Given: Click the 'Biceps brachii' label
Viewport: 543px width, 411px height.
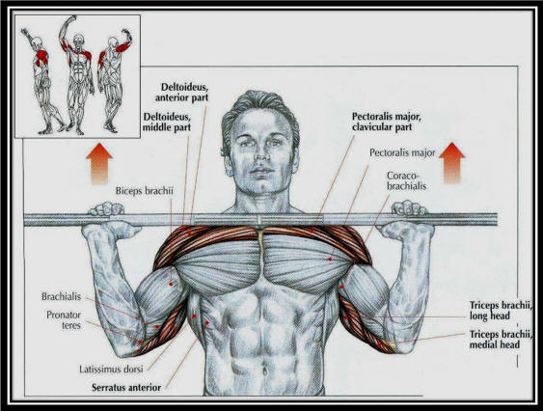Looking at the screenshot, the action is (x=144, y=191).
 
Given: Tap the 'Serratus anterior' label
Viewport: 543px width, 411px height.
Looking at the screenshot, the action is (x=126, y=388).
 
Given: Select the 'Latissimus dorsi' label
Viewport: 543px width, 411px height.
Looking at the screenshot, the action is (x=111, y=370).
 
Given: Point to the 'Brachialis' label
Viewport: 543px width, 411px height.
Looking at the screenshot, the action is (x=62, y=296).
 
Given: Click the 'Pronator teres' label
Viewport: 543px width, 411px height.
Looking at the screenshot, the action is (x=64, y=320).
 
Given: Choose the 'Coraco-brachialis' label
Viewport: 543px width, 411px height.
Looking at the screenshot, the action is (x=407, y=180).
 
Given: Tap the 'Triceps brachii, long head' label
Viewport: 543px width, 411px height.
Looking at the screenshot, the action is (x=500, y=311).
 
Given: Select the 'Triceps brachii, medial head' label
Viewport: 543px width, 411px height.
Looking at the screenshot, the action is (x=500, y=340).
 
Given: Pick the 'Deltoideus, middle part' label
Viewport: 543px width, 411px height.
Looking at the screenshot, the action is (x=167, y=122).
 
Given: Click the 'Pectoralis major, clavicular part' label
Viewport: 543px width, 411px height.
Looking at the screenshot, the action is (x=387, y=122).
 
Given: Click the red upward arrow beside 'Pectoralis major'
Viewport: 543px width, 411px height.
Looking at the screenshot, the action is (x=452, y=163).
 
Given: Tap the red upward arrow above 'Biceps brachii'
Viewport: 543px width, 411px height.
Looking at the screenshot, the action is (x=99, y=164).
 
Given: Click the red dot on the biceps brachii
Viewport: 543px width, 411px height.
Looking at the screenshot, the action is (x=171, y=284).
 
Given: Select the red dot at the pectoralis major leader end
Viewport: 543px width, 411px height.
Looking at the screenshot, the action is (x=330, y=259).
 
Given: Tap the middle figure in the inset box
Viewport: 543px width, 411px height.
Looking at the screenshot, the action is (x=77, y=74).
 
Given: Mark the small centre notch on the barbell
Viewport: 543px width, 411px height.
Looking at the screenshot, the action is (x=258, y=219).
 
